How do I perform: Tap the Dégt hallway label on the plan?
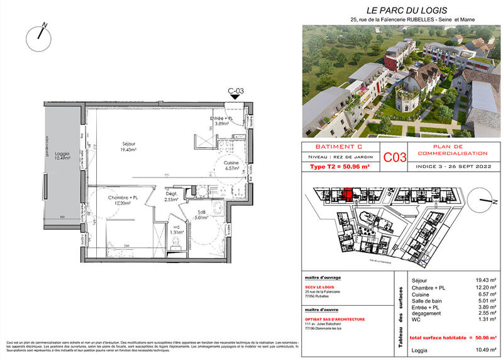(x=170, y=196)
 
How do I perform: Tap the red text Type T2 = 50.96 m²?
(x=340, y=167)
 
